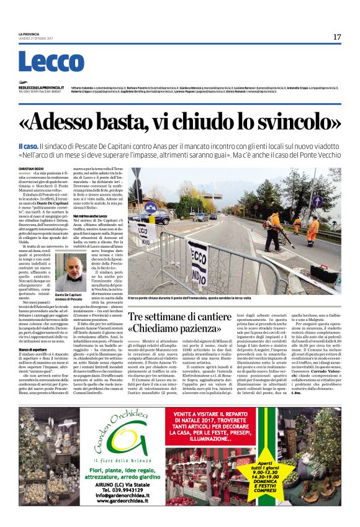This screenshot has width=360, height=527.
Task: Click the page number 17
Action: click(336, 37)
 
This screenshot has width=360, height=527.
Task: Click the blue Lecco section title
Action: click(42, 63)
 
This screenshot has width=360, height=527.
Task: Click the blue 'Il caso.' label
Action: click(29, 145)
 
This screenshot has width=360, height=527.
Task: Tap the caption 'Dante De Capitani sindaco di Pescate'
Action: click(69, 297)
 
